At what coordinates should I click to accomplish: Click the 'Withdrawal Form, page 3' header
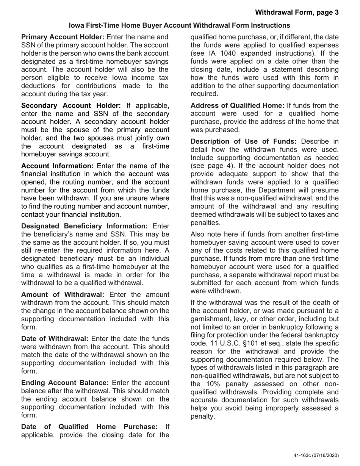(x=297, y=13)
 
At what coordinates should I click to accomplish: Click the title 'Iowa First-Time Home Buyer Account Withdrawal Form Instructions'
(x=180, y=25)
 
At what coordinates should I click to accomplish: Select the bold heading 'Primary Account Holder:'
(x=63, y=37)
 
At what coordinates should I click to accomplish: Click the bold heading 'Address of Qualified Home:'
(x=237, y=105)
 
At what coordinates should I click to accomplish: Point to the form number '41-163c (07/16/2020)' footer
(x=316, y=456)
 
